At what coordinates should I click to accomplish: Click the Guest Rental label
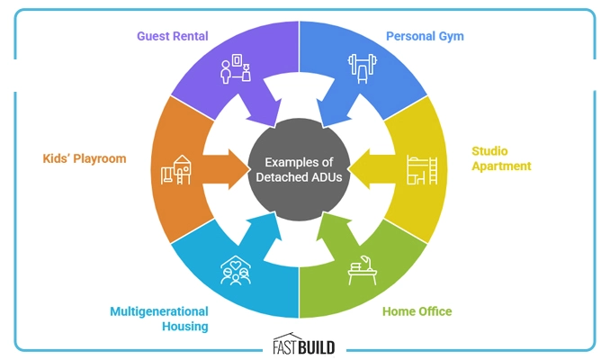click(173, 37)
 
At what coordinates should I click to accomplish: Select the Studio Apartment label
click(502, 158)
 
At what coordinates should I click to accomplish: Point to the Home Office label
click(417, 311)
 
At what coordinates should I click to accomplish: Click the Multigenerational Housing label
click(159, 319)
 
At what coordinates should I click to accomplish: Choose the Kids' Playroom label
click(85, 158)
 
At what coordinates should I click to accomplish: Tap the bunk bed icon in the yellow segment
click(419, 170)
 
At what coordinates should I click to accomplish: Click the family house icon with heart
click(236, 268)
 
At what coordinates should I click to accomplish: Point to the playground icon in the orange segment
click(177, 169)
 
